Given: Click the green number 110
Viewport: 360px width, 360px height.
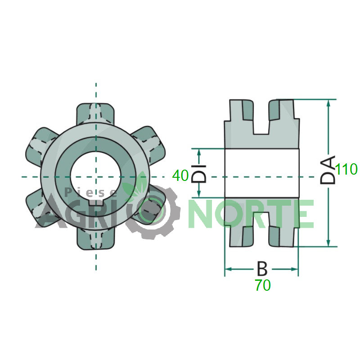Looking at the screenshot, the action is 346,169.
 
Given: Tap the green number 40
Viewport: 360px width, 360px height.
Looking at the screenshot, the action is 180,175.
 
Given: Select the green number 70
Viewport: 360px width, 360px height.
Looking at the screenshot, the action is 263,285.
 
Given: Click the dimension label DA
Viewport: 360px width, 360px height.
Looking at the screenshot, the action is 328,170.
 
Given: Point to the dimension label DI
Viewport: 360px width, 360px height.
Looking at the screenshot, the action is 199,174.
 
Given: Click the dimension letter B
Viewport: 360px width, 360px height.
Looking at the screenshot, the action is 262,269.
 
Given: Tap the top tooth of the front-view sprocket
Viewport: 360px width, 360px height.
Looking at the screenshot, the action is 95,114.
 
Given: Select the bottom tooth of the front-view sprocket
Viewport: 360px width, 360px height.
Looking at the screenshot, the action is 95,239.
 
